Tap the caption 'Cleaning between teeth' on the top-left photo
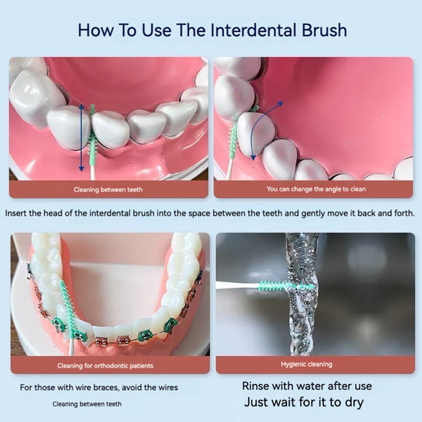point(108,190)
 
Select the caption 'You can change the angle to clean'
point(316,189)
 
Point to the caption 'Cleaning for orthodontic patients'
point(105,366)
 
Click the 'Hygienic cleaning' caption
point(306,365)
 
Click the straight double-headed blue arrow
point(81,138)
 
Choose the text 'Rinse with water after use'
point(307,386)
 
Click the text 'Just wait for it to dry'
point(304,402)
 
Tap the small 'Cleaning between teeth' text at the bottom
point(87,404)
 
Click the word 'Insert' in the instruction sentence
point(16,214)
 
